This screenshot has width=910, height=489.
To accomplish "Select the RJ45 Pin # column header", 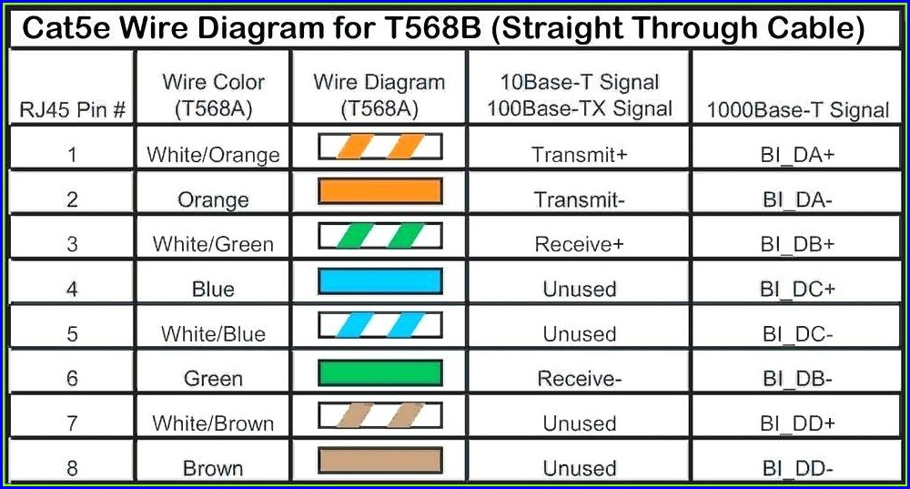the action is coord(73,109).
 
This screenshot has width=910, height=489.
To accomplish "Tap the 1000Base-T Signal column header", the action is coord(798,110).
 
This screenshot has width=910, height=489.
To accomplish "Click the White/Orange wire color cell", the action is coord(213,155).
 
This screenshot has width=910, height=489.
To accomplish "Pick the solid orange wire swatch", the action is coord(380,191).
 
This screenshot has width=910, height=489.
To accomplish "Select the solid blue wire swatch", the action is coord(380,281).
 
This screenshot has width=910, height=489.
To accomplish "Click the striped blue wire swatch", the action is coord(380,326).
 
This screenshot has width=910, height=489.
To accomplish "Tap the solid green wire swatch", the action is coord(380,372).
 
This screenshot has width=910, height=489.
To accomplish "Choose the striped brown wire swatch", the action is coord(380,416).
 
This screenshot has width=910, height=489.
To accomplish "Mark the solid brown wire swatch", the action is coord(380,461).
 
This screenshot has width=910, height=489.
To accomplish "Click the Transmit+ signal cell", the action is coord(579,155).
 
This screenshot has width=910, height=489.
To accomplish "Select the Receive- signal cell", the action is coord(579,379).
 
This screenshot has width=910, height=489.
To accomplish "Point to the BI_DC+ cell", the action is coord(797,290).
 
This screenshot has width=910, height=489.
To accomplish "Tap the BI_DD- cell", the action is coord(797,468).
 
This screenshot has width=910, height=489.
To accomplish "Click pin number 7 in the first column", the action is coord(72,423).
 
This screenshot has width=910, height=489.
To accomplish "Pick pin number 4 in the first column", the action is coord(72,290).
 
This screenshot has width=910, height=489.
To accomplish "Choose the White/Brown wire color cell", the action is coord(213,423).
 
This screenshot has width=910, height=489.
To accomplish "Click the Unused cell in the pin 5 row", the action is coord(579,334).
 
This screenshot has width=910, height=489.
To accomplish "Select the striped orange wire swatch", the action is coord(380,147).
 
